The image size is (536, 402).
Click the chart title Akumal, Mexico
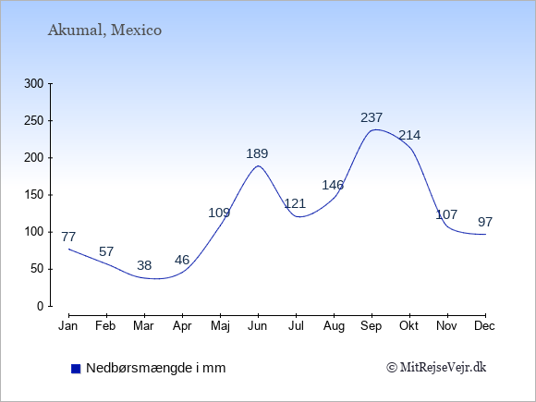point(104,30)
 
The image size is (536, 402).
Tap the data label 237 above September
point(372,117)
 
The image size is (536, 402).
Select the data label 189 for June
point(257,153)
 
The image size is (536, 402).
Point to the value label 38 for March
point(144,265)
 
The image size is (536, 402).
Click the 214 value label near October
point(409,135)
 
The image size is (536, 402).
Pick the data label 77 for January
point(68,237)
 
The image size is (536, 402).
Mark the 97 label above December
point(485,222)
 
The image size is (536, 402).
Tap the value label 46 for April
point(182,260)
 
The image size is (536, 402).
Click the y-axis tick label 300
point(34,83)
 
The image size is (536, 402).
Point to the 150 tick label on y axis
point(34,195)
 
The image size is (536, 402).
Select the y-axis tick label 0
point(41,306)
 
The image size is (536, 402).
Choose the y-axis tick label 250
point(34,121)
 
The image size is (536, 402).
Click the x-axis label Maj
point(220,326)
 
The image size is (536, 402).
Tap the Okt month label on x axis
point(408,326)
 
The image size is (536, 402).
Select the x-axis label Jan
point(68,326)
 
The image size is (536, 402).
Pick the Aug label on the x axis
point(334,326)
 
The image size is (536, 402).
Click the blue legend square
point(76,369)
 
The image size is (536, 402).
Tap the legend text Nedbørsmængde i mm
point(156,368)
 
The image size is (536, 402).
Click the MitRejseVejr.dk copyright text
point(436,368)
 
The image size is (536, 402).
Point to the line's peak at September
point(375,129)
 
